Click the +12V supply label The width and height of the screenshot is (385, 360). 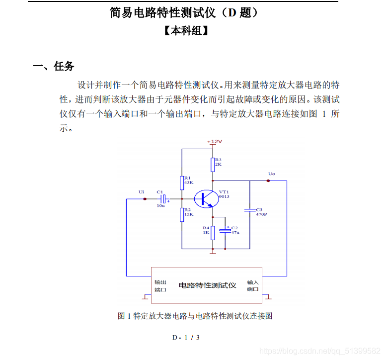(215, 142)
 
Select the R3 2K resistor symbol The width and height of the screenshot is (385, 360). (213, 164)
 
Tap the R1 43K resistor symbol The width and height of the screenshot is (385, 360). (182, 182)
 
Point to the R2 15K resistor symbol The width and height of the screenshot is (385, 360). (182, 214)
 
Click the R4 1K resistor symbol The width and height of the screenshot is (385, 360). (213, 232)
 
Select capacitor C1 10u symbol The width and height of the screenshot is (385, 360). (162, 199)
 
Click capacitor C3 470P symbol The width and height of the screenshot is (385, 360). (250, 211)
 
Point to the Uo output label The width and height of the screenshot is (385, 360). (271, 174)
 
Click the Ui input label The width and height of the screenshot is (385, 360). (142, 191)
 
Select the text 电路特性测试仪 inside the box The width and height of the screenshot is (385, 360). (207, 285)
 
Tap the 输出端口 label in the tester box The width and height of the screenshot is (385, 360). (160, 285)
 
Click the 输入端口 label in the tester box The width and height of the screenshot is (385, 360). (253, 285)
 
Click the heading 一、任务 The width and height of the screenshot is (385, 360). (54, 67)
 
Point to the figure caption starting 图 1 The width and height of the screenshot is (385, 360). (195, 316)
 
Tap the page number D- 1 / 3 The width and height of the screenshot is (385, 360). (186, 338)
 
